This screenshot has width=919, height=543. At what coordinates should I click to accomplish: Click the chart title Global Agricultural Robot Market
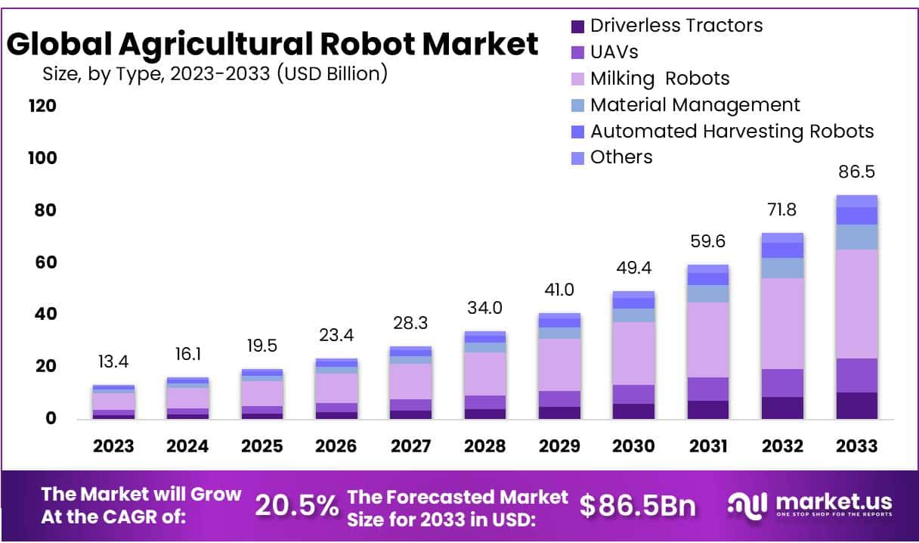(272, 45)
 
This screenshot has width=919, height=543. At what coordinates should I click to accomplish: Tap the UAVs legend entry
(614, 52)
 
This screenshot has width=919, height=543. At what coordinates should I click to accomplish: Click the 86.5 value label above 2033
(856, 172)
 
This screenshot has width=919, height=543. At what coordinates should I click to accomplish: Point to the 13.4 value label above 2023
(113, 362)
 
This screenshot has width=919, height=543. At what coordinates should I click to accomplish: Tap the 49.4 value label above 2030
(633, 268)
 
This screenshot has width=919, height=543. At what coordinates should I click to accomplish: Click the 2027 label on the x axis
(410, 446)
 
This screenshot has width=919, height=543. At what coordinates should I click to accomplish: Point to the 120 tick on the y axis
(42, 106)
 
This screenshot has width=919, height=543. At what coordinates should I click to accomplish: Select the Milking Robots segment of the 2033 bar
(856, 303)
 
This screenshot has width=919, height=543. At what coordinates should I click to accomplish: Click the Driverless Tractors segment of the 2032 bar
(782, 408)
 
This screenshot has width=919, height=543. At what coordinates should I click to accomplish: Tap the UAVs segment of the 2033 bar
(856, 375)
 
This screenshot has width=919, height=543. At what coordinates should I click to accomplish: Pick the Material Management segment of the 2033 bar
(856, 237)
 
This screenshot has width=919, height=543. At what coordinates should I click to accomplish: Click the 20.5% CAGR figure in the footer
(296, 506)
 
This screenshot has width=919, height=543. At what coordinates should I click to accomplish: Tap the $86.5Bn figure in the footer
(637, 506)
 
